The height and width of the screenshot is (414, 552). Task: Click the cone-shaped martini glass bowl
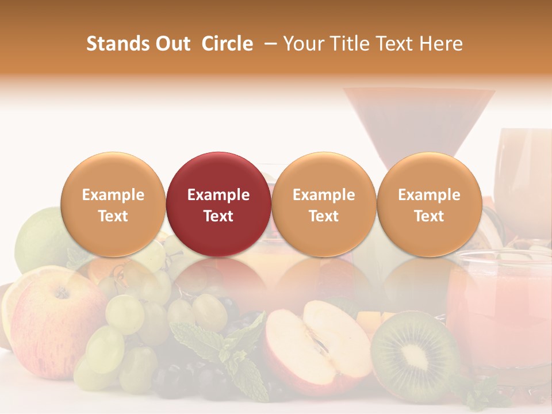[419, 121]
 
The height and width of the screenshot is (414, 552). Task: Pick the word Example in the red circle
[218, 195]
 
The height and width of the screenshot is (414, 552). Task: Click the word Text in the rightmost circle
[429, 216]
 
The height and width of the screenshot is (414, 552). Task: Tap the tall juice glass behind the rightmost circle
[523, 172]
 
